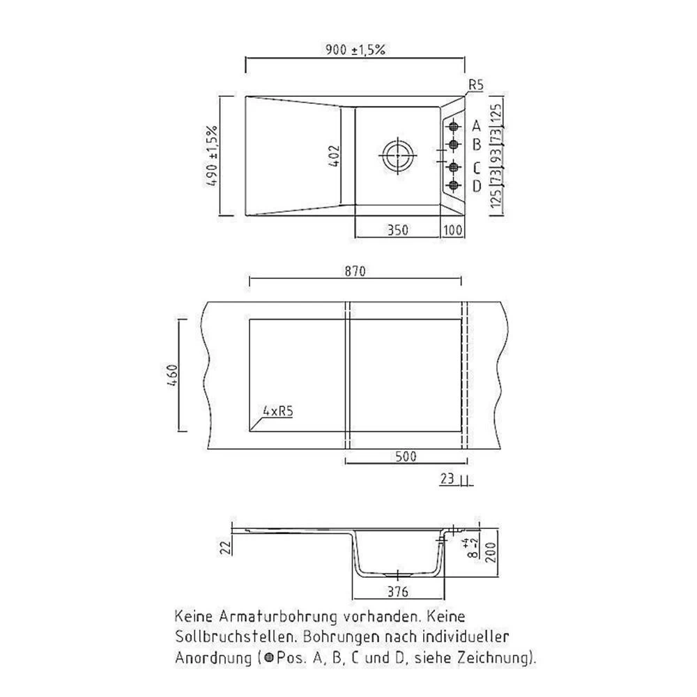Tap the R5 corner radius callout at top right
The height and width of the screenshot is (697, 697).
click(x=475, y=85)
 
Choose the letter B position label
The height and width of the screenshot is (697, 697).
click(x=477, y=145)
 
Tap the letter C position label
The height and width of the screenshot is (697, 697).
click(x=477, y=168)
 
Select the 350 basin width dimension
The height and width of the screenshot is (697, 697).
click(x=397, y=229)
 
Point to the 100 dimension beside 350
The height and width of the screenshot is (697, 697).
click(x=452, y=229)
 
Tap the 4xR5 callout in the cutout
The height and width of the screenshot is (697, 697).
click(x=277, y=412)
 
